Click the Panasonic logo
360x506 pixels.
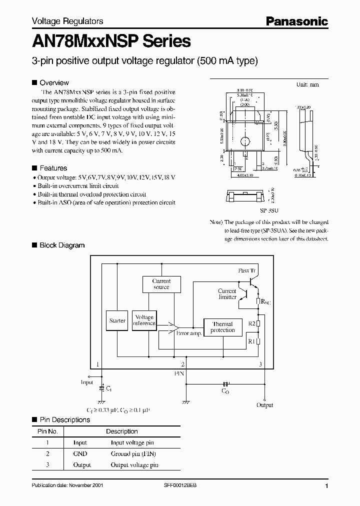(x=296, y=21)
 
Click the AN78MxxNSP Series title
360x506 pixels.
(x=111, y=40)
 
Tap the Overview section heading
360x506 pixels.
(x=54, y=82)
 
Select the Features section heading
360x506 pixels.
(x=53, y=168)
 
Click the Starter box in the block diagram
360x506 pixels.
(x=117, y=320)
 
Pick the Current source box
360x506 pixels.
(x=161, y=284)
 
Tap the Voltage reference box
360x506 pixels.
(x=144, y=320)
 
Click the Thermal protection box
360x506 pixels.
(x=222, y=327)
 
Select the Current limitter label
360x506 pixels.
(x=227, y=294)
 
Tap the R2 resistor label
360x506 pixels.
(x=252, y=324)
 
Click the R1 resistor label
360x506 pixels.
(x=252, y=341)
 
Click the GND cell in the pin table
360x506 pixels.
(x=80, y=454)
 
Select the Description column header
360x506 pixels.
(x=121, y=431)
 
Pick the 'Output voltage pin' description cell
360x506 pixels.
(x=134, y=465)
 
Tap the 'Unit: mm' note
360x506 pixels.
(x=307, y=85)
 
